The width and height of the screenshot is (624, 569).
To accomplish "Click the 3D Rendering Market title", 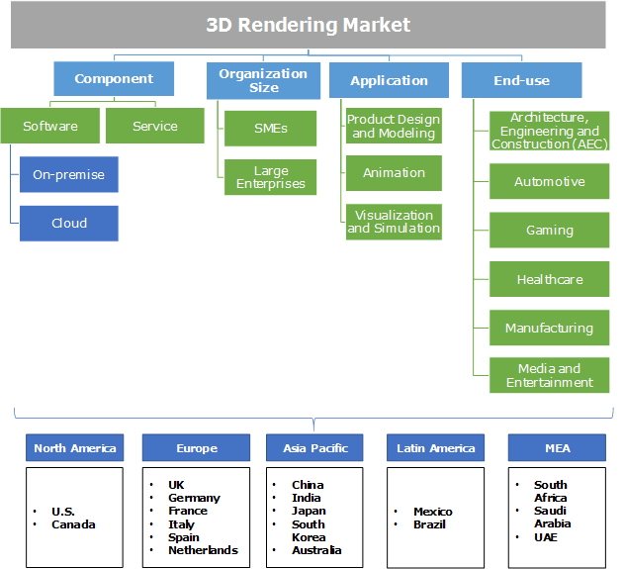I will (308, 25).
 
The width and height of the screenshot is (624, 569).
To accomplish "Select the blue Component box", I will (114, 79).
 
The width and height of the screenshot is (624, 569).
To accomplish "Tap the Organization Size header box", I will (263, 80).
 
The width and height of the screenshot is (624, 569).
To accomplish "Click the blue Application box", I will (389, 80).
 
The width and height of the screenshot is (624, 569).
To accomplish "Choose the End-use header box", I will (521, 80).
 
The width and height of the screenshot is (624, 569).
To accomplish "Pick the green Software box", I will (49, 126).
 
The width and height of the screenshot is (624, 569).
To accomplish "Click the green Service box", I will (154, 126).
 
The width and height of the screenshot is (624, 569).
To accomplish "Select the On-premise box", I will (68, 174).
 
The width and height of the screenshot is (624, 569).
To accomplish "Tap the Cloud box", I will (68, 223).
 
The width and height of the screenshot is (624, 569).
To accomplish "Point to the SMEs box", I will (270, 129).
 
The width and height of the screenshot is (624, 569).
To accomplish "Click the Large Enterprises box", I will (270, 176).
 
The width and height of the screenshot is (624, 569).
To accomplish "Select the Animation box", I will (394, 172).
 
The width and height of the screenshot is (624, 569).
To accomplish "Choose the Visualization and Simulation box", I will (394, 222).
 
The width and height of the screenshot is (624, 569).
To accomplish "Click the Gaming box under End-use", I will (549, 230).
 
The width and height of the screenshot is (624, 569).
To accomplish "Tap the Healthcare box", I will (549, 279).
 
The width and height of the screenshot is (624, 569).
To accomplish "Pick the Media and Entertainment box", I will (549, 375).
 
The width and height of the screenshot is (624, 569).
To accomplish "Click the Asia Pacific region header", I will (315, 448).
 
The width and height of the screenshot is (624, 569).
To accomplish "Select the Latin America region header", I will (435, 448).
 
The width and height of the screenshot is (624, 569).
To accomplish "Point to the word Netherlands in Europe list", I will (203, 550).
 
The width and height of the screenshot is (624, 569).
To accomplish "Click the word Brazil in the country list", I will (430, 524).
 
